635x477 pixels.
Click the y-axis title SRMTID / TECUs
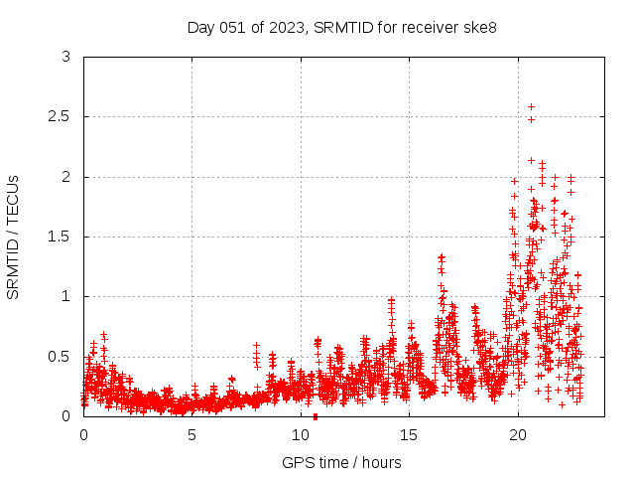(14, 237)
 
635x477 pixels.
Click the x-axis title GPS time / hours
(341, 462)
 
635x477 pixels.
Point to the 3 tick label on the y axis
(65, 57)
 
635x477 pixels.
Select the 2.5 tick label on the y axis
(60, 116)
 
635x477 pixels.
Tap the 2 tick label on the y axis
(65, 177)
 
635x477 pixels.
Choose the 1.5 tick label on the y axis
(60, 237)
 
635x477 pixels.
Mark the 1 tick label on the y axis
(65, 296)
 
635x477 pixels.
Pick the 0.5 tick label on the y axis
(60, 357)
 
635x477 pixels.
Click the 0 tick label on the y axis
(65, 416)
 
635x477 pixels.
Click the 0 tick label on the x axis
(83, 435)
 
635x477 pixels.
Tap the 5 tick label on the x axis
(192, 435)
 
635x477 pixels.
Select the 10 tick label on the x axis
(301, 435)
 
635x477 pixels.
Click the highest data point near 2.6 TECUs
(531, 106)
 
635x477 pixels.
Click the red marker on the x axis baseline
(316, 416)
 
